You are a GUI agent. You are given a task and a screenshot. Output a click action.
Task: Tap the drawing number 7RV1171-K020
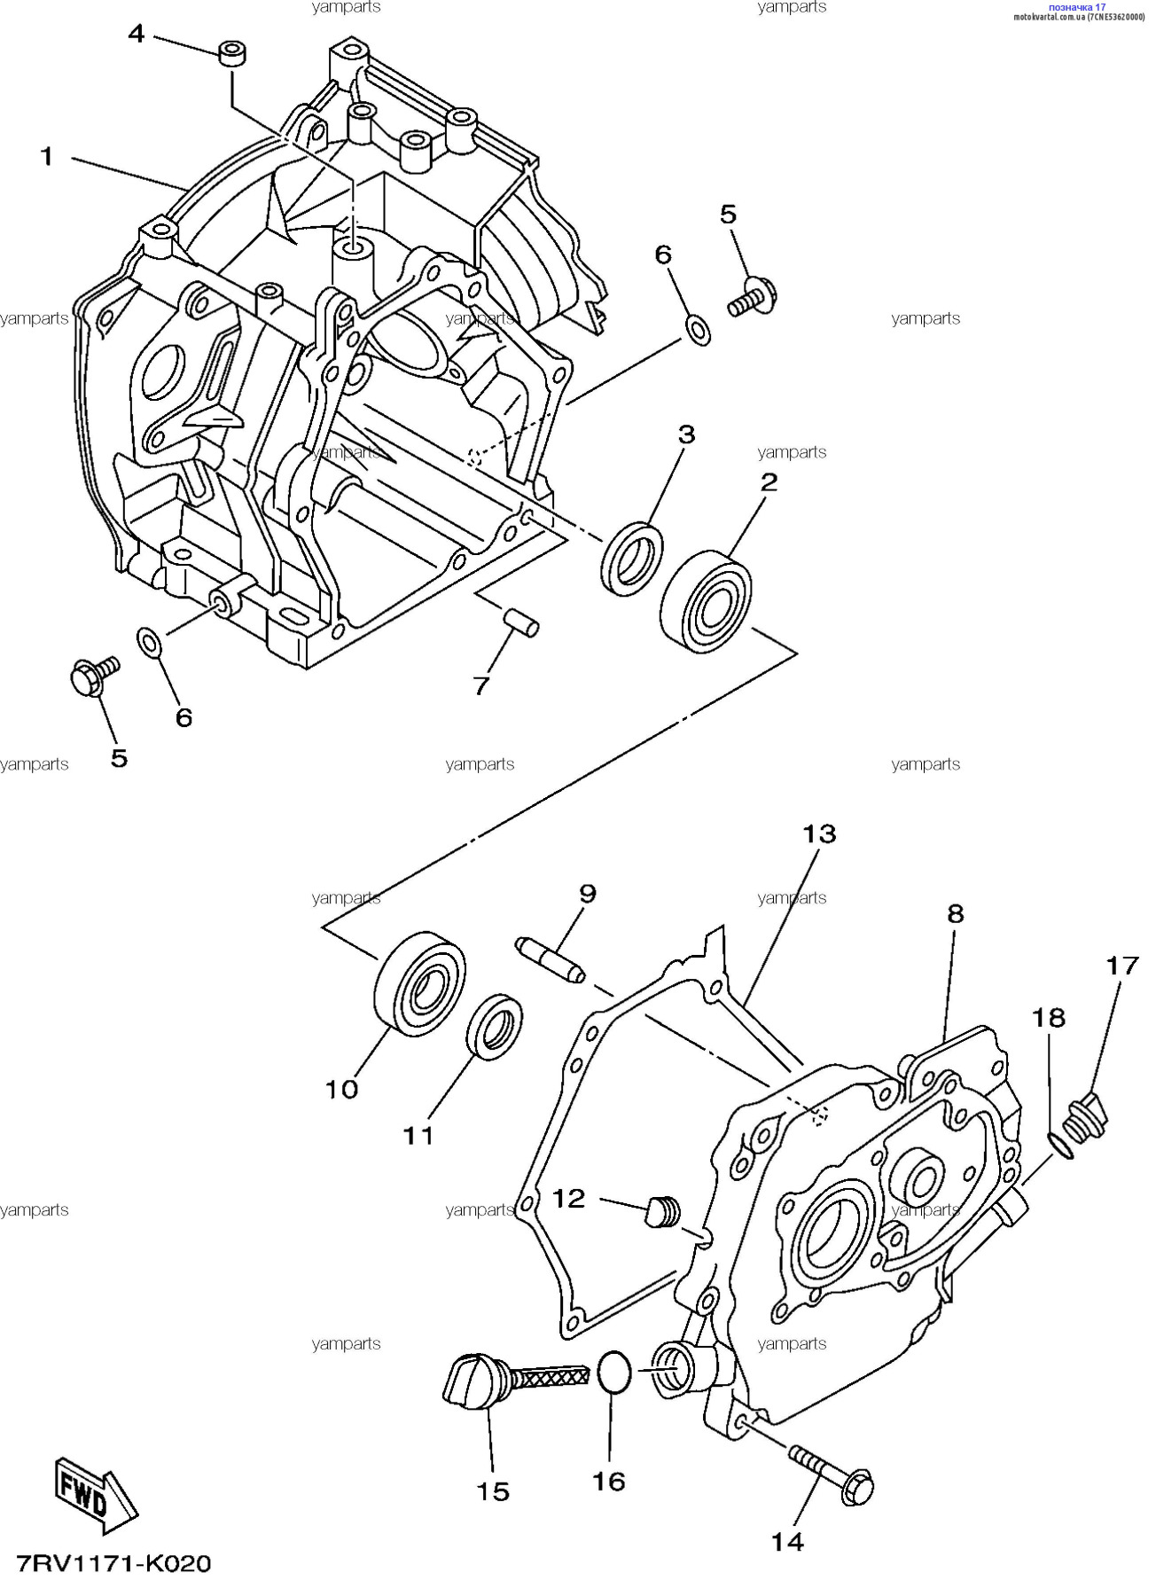113,1563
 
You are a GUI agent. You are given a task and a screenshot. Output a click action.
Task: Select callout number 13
819,834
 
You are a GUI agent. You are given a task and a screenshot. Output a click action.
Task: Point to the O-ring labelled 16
613,1373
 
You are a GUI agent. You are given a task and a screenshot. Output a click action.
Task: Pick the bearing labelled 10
419,982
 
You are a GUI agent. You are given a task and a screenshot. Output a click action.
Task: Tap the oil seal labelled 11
495,1027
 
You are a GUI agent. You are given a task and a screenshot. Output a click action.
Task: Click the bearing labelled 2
706,596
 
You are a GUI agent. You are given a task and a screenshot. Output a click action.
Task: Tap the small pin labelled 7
520,622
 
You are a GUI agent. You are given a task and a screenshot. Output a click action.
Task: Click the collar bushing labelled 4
232,52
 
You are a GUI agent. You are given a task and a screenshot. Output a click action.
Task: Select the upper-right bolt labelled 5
753,296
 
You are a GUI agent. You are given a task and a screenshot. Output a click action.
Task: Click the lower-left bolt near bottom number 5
92,677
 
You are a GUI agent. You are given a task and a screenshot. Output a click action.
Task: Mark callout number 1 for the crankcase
47,158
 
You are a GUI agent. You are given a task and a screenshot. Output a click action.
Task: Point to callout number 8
955,914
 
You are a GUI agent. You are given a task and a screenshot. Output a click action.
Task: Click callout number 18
1048,1018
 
